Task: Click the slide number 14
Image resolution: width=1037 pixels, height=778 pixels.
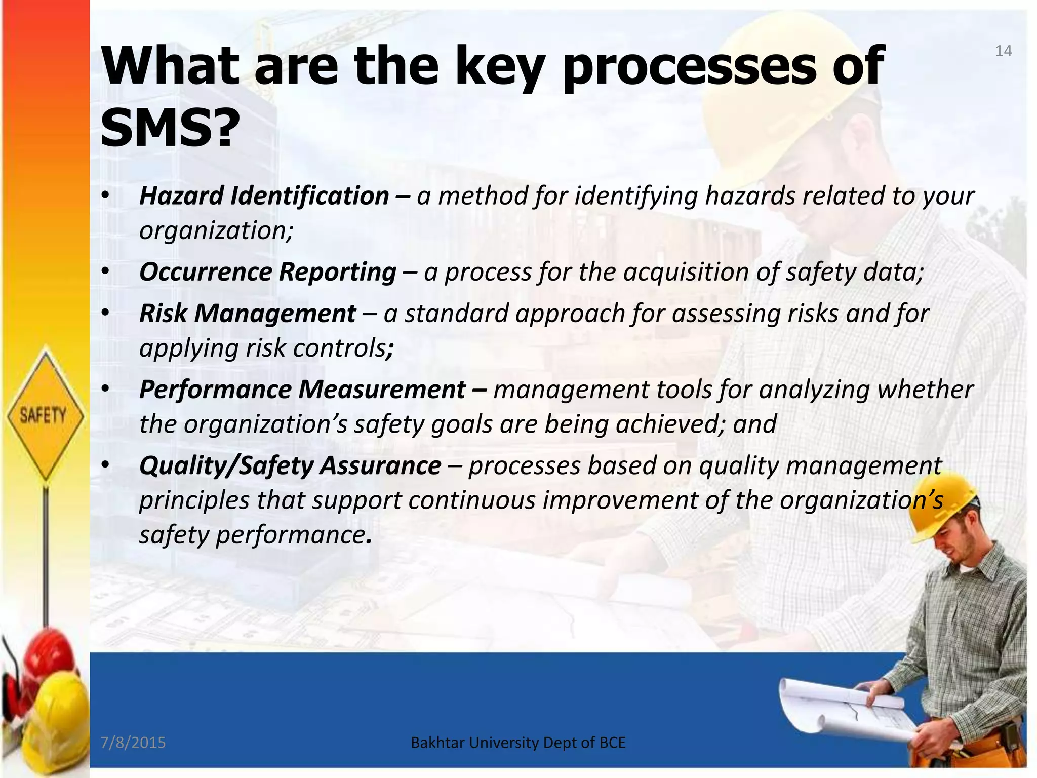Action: pos(1003,51)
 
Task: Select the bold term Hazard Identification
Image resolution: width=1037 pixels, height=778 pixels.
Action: pos(264,196)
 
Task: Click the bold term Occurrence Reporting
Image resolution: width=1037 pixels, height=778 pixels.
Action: pos(267,272)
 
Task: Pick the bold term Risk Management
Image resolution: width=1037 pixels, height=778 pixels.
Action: pos(248,314)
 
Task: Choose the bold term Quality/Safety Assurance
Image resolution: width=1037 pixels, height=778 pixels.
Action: pos(290,465)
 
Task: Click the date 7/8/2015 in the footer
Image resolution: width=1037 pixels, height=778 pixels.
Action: pos(133,743)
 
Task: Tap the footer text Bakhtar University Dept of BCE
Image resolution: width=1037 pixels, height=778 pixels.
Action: pos(518,743)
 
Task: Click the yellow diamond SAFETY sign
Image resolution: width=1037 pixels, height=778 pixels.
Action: pos(45,414)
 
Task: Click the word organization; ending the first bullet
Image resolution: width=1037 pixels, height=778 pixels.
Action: pos(216,231)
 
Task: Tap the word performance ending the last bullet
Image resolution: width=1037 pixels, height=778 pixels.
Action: pos(290,535)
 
